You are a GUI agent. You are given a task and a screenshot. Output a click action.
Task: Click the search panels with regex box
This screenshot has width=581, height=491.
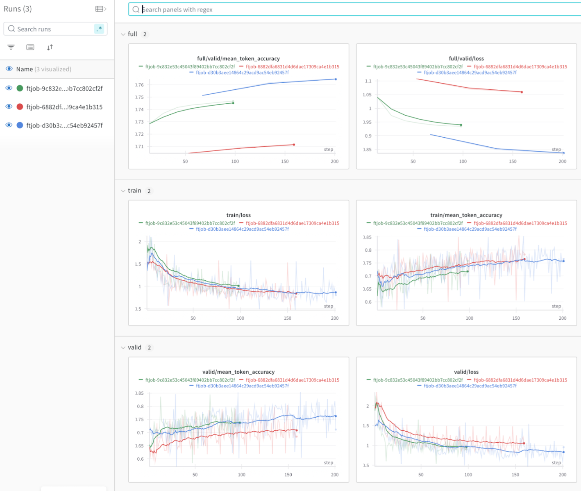pyautogui.click(x=352, y=9)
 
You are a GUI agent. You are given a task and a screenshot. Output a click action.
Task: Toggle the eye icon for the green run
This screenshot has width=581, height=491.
pyautogui.click(x=9, y=88)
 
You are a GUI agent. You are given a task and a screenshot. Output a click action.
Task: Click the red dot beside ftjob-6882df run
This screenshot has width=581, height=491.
pyautogui.click(x=20, y=107)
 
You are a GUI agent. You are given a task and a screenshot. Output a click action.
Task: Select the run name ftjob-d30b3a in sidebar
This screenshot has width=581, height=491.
pyautogui.click(x=64, y=125)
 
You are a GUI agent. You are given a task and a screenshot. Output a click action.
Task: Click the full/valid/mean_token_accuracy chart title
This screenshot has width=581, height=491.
pyautogui.click(x=238, y=59)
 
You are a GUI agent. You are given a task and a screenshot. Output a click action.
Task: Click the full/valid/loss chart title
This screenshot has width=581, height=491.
pyautogui.click(x=466, y=59)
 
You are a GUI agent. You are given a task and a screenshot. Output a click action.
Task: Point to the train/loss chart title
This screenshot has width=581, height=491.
pyautogui.click(x=238, y=215)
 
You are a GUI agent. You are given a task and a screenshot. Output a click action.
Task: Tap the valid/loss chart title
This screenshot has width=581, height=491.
pyautogui.click(x=466, y=372)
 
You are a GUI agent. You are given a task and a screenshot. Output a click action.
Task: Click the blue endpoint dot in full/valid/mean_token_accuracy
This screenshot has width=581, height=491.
pyautogui.click(x=336, y=79)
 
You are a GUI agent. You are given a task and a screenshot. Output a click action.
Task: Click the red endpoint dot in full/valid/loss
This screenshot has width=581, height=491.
pyautogui.click(x=522, y=92)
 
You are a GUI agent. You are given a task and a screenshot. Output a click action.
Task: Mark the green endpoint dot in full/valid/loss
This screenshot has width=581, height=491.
pyautogui.click(x=461, y=125)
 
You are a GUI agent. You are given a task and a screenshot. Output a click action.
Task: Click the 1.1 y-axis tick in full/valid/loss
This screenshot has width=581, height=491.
pyautogui.click(x=368, y=81)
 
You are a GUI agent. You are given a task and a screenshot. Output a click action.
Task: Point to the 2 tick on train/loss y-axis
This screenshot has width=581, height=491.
pyautogui.click(x=140, y=242)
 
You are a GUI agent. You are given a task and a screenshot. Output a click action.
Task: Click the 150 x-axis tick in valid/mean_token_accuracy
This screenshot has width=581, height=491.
pyautogui.click(x=288, y=475)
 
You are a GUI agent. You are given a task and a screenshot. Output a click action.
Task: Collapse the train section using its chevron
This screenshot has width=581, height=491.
pyautogui.click(x=123, y=191)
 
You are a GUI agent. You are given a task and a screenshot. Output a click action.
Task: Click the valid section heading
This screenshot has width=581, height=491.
pyautogui.click(x=134, y=347)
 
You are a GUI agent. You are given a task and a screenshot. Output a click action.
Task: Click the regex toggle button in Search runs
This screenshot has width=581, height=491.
pyautogui.click(x=99, y=29)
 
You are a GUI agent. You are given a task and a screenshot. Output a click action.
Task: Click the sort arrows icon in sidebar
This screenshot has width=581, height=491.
pyautogui.click(x=50, y=47)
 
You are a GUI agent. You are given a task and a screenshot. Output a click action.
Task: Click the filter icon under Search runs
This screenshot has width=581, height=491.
pyautogui.click(x=11, y=47)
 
